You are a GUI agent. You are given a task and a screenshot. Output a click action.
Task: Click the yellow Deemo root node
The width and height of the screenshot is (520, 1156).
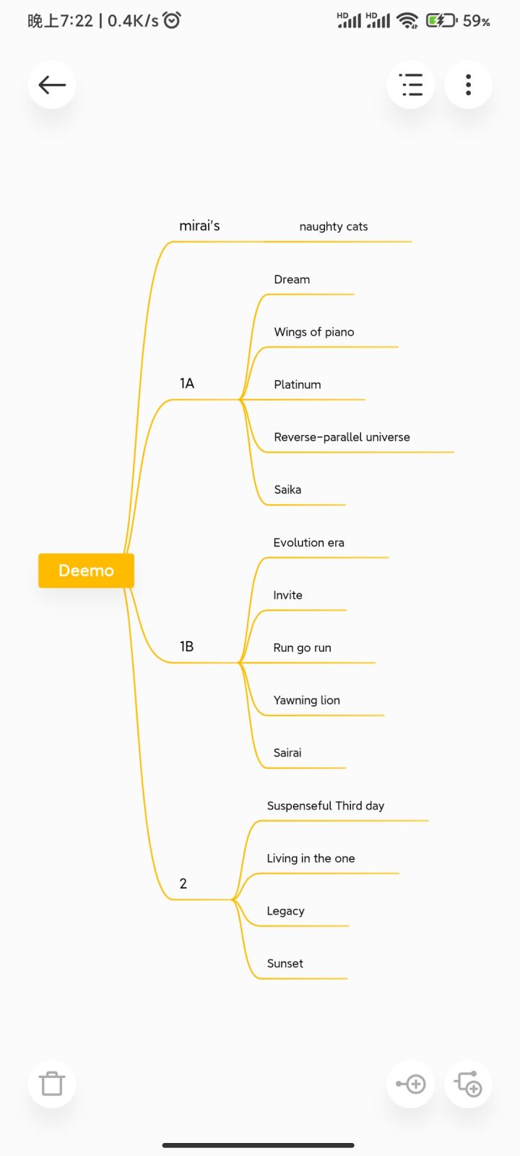coord(86,570)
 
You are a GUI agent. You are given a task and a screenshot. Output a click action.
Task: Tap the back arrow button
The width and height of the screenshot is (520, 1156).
coord(51,85)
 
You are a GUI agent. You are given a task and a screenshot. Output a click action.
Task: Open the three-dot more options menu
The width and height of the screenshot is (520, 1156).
coord(468,85)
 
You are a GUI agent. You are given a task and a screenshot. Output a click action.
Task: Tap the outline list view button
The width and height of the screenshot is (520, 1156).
coord(411,85)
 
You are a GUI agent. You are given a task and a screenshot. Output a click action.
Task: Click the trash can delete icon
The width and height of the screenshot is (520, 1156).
coord(51,1083)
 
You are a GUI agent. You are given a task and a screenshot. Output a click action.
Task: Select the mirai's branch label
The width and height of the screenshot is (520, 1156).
coord(199,225)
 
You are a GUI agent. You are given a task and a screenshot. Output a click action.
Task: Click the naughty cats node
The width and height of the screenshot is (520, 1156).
coord(333,227)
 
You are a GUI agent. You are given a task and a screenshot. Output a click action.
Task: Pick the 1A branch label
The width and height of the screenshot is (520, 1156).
coord(187,384)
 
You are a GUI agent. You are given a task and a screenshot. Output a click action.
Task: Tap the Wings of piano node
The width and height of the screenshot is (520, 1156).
coord(313,332)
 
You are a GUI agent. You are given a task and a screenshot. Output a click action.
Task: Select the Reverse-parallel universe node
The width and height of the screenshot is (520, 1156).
coord(342,437)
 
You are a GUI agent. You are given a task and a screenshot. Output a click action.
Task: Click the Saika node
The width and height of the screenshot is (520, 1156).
coord(287,490)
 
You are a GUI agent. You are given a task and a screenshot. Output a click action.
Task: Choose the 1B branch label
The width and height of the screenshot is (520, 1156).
coord(187,647)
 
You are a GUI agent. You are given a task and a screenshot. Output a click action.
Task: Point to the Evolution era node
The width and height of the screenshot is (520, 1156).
coord(308,543)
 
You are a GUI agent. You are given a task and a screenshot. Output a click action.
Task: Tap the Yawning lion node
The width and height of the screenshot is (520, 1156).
coord(306,700)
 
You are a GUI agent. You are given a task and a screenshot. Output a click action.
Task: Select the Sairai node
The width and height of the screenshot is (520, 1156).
coord(287,753)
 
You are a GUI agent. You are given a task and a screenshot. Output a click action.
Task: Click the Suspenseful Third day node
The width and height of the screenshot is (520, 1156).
coord(326,806)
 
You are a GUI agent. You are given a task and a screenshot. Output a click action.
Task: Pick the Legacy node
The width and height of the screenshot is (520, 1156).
coord(285,911)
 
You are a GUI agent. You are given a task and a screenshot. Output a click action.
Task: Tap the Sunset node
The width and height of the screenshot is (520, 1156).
coord(285,964)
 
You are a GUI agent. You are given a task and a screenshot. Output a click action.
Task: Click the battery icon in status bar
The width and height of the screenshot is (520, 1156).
coord(441,21)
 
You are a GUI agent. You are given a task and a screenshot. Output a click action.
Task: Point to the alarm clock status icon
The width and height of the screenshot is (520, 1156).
coord(172,20)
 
